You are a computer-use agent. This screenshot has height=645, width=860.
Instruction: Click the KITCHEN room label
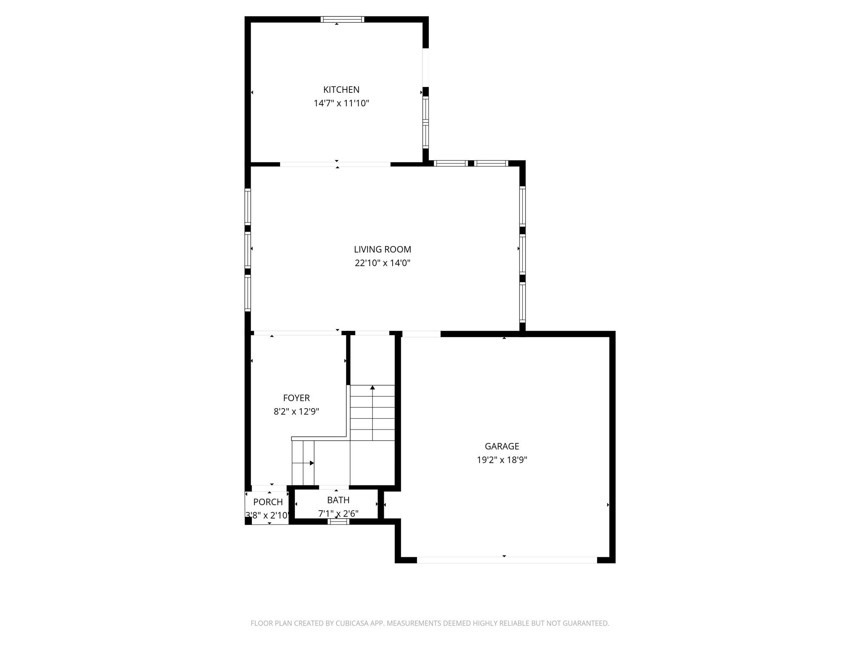(x=341, y=89)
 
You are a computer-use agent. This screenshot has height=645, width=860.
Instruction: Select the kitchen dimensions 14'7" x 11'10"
(x=341, y=103)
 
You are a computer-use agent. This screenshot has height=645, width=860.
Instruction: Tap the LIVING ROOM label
(x=382, y=249)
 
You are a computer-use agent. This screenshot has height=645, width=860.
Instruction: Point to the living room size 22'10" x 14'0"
(x=382, y=263)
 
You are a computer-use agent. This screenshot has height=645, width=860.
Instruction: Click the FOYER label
(x=296, y=398)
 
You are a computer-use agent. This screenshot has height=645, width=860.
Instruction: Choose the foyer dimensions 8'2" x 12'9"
(x=296, y=412)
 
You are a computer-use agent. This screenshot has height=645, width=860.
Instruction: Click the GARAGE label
(x=502, y=446)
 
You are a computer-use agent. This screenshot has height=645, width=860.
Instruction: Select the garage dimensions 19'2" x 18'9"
(x=502, y=460)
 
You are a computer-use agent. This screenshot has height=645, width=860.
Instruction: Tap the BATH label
(x=338, y=500)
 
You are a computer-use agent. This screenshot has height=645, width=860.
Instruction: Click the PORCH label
(x=268, y=502)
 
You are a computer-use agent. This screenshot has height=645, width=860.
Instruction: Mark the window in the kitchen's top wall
(x=342, y=19)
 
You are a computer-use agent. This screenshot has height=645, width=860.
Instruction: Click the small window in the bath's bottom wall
(x=338, y=522)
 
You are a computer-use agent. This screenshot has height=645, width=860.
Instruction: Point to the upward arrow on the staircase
(x=372, y=388)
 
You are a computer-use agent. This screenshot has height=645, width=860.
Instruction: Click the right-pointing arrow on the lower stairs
(x=312, y=463)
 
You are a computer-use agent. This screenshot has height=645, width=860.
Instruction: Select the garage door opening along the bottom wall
(x=507, y=560)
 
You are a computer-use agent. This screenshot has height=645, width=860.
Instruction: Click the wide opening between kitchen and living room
(x=335, y=164)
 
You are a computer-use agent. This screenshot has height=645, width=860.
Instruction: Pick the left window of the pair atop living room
(x=451, y=163)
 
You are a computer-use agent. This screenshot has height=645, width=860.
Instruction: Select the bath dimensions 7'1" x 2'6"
(x=338, y=514)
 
